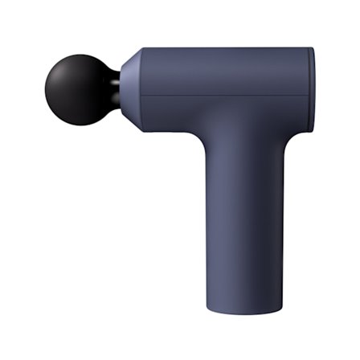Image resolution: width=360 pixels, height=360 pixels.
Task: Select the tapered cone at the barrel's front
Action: pos(132,89)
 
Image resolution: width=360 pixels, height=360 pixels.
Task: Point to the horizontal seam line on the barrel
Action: pos(225,96)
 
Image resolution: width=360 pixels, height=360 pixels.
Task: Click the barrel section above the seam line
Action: pos(225,72)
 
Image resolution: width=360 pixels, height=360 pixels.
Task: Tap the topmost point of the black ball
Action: pos(76,55)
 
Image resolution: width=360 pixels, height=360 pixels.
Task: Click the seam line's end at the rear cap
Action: pos(309,96)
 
